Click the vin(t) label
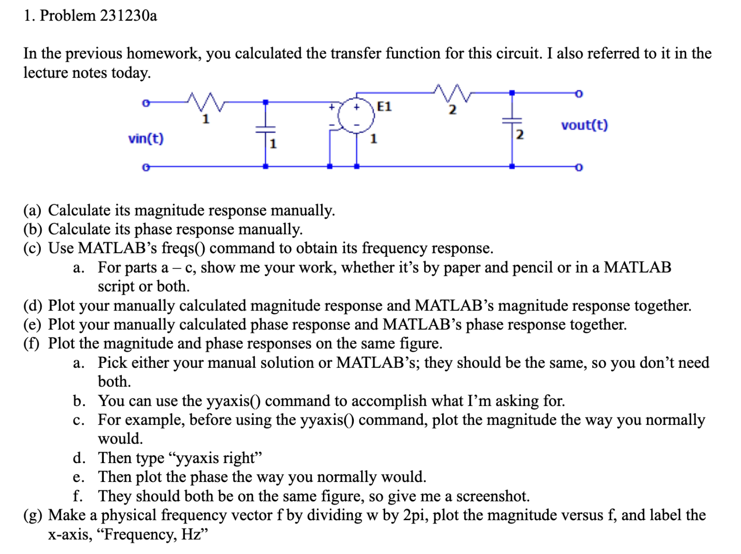tap(146, 138)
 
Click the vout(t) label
tap(584, 125)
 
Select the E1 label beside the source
tap(384, 106)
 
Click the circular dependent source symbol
tap(356, 116)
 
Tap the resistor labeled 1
tap(206, 102)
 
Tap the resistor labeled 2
tap(452, 93)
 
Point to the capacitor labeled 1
tap(265, 129)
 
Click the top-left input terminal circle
tap(146, 103)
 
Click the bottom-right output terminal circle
tap(578, 167)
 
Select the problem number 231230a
tap(129, 16)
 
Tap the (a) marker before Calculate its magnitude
tap(33, 211)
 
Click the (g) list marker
tap(33, 515)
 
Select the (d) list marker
tap(33, 306)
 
